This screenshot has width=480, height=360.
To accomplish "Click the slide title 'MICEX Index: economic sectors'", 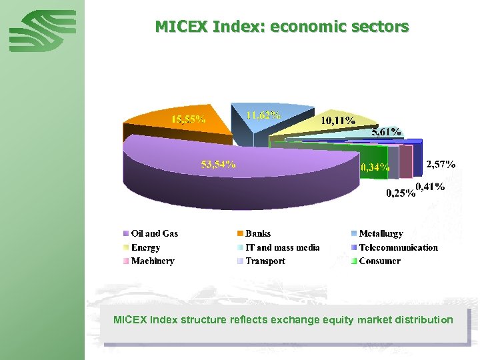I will click(x=281, y=27).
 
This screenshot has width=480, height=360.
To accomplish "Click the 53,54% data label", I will click(x=219, y=164).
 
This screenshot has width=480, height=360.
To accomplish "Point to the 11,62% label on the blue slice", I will click(x=263, y=115).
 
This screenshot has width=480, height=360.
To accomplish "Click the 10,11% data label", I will click(x=338, y=121).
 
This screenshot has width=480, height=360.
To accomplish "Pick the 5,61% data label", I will click(x=386, y=132).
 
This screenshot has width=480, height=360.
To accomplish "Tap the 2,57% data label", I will click(x=441, y=163).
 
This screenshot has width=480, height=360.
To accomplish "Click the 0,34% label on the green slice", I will click(x=375, y=167).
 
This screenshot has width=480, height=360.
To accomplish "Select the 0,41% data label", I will click(x=430, y=186).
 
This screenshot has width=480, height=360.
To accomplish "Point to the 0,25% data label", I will click(x=401, y=194).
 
